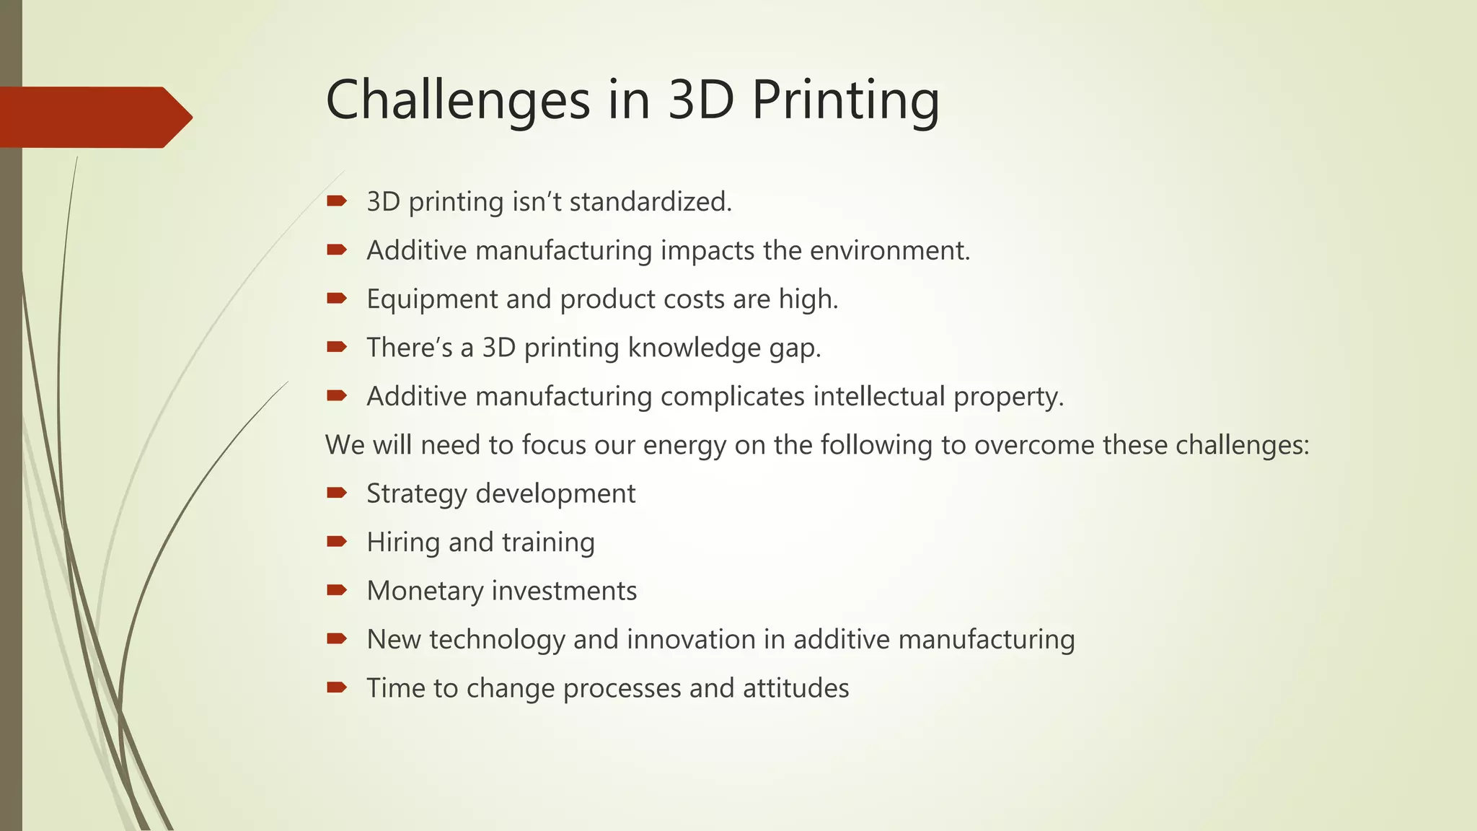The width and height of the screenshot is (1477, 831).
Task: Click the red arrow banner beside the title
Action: tap(94, 117)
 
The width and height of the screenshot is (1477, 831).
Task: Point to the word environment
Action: tap(889, 250)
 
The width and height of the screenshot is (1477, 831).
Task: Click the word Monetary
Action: tap(425, 591)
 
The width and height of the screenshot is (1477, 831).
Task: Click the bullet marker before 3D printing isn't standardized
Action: tap(337, 201)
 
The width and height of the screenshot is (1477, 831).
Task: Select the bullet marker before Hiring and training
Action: tap(337, 542)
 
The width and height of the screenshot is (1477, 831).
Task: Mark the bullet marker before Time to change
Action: tap(337, 687)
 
